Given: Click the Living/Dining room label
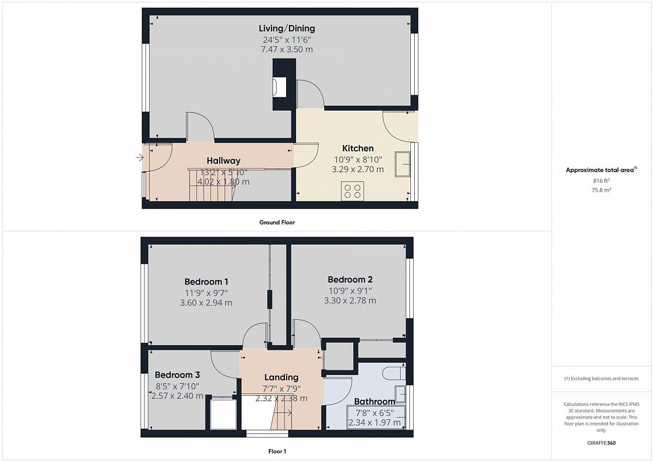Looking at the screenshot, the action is (287, 28).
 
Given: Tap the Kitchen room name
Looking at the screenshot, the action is (358, 148).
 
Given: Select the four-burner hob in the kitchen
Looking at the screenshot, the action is (353, 191).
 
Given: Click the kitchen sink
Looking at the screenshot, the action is (403, 164).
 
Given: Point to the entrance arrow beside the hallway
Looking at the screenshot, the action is (140, 157).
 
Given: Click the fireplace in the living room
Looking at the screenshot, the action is (280, 87).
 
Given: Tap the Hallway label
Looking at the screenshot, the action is (223, 161).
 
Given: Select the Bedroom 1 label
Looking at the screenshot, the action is (206, 282).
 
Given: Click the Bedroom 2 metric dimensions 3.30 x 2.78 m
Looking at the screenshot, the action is (350, 300).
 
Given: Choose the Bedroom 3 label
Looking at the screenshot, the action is (177, 375).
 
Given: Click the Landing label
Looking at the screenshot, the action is (281, 378).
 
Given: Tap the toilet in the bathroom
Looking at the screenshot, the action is (394, 374).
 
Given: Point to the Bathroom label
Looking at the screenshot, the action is (374, 402).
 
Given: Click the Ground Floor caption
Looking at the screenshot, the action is (277, 222).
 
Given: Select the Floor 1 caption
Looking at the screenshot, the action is (277, 451).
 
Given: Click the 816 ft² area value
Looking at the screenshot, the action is (601, 181).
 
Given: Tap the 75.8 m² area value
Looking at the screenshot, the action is (601, 190).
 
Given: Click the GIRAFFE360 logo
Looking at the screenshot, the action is (601, 443).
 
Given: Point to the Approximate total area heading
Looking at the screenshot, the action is (601, 170).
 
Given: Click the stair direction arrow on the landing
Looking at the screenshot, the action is (283, 413).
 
